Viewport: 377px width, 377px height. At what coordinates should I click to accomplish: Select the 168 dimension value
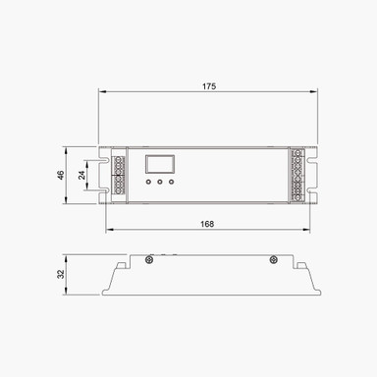[x=208, y=224]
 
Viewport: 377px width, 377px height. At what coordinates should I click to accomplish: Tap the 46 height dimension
[x=61, y=175]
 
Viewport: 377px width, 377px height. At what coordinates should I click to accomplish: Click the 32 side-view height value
[x=61, y=276]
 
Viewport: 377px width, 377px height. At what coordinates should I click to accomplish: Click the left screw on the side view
[x=148, y=260]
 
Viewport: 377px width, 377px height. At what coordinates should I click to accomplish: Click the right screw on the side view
[x=270, y=260]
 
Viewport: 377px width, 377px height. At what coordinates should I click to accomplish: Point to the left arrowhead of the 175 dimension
[x=101, y=94]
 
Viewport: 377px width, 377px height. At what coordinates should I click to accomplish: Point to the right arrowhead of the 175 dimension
[x=316, y=94]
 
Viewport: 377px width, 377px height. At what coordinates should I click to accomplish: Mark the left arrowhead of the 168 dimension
[x=108, y=231]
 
